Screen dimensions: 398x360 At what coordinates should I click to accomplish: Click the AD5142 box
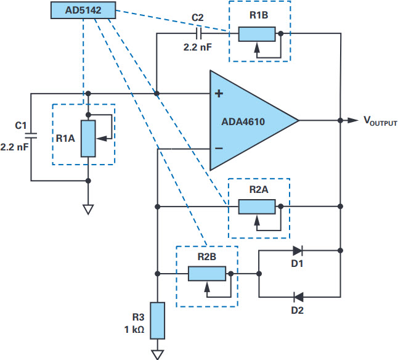[x=83, y=10]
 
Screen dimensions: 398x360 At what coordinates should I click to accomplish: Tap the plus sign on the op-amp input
[x=219, y=94]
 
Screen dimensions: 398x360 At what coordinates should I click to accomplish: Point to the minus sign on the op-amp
[x=219, y=149]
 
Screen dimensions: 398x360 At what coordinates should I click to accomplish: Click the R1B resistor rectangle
[x=257, y=34]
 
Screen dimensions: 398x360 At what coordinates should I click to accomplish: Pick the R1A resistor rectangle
[x=88, y=139]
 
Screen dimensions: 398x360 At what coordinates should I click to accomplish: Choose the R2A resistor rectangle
[x=257, y=207]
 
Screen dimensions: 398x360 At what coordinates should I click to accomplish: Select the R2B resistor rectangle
[x=207, y=274]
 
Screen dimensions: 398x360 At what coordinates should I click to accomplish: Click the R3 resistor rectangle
[x=157, y=321]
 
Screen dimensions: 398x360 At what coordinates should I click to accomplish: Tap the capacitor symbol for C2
[x=199, y=33]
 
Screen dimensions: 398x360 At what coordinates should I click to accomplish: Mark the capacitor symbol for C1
[x=31, y=136]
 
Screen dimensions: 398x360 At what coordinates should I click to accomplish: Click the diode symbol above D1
[x=298, y=251]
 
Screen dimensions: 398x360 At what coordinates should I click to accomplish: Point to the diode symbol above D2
[x=298, y=297]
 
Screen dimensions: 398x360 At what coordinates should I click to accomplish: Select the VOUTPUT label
[x=380, y=121]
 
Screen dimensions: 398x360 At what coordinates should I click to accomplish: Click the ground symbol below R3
[x=157, y=354]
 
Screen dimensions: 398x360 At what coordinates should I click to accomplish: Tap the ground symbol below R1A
[x=88, y=210]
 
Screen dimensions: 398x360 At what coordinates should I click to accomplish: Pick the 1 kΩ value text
[x=134, y=330]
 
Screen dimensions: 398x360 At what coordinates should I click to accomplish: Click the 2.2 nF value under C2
[x=198, y=47]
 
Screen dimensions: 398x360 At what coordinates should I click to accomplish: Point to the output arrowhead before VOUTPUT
[x=353, y=120]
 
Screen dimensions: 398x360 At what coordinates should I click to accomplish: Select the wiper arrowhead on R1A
[x=102, y=139]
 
